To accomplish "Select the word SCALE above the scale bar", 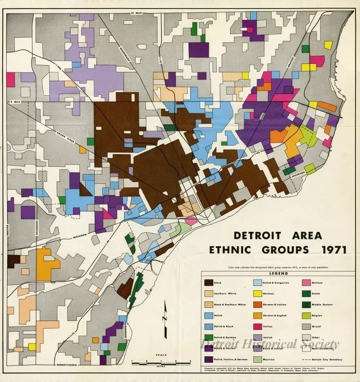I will tap(161, 355).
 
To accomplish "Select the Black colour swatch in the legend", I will tap(209, 283).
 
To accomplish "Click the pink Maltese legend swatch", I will tap(305, 283).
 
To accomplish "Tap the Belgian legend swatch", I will tap(305, 315).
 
